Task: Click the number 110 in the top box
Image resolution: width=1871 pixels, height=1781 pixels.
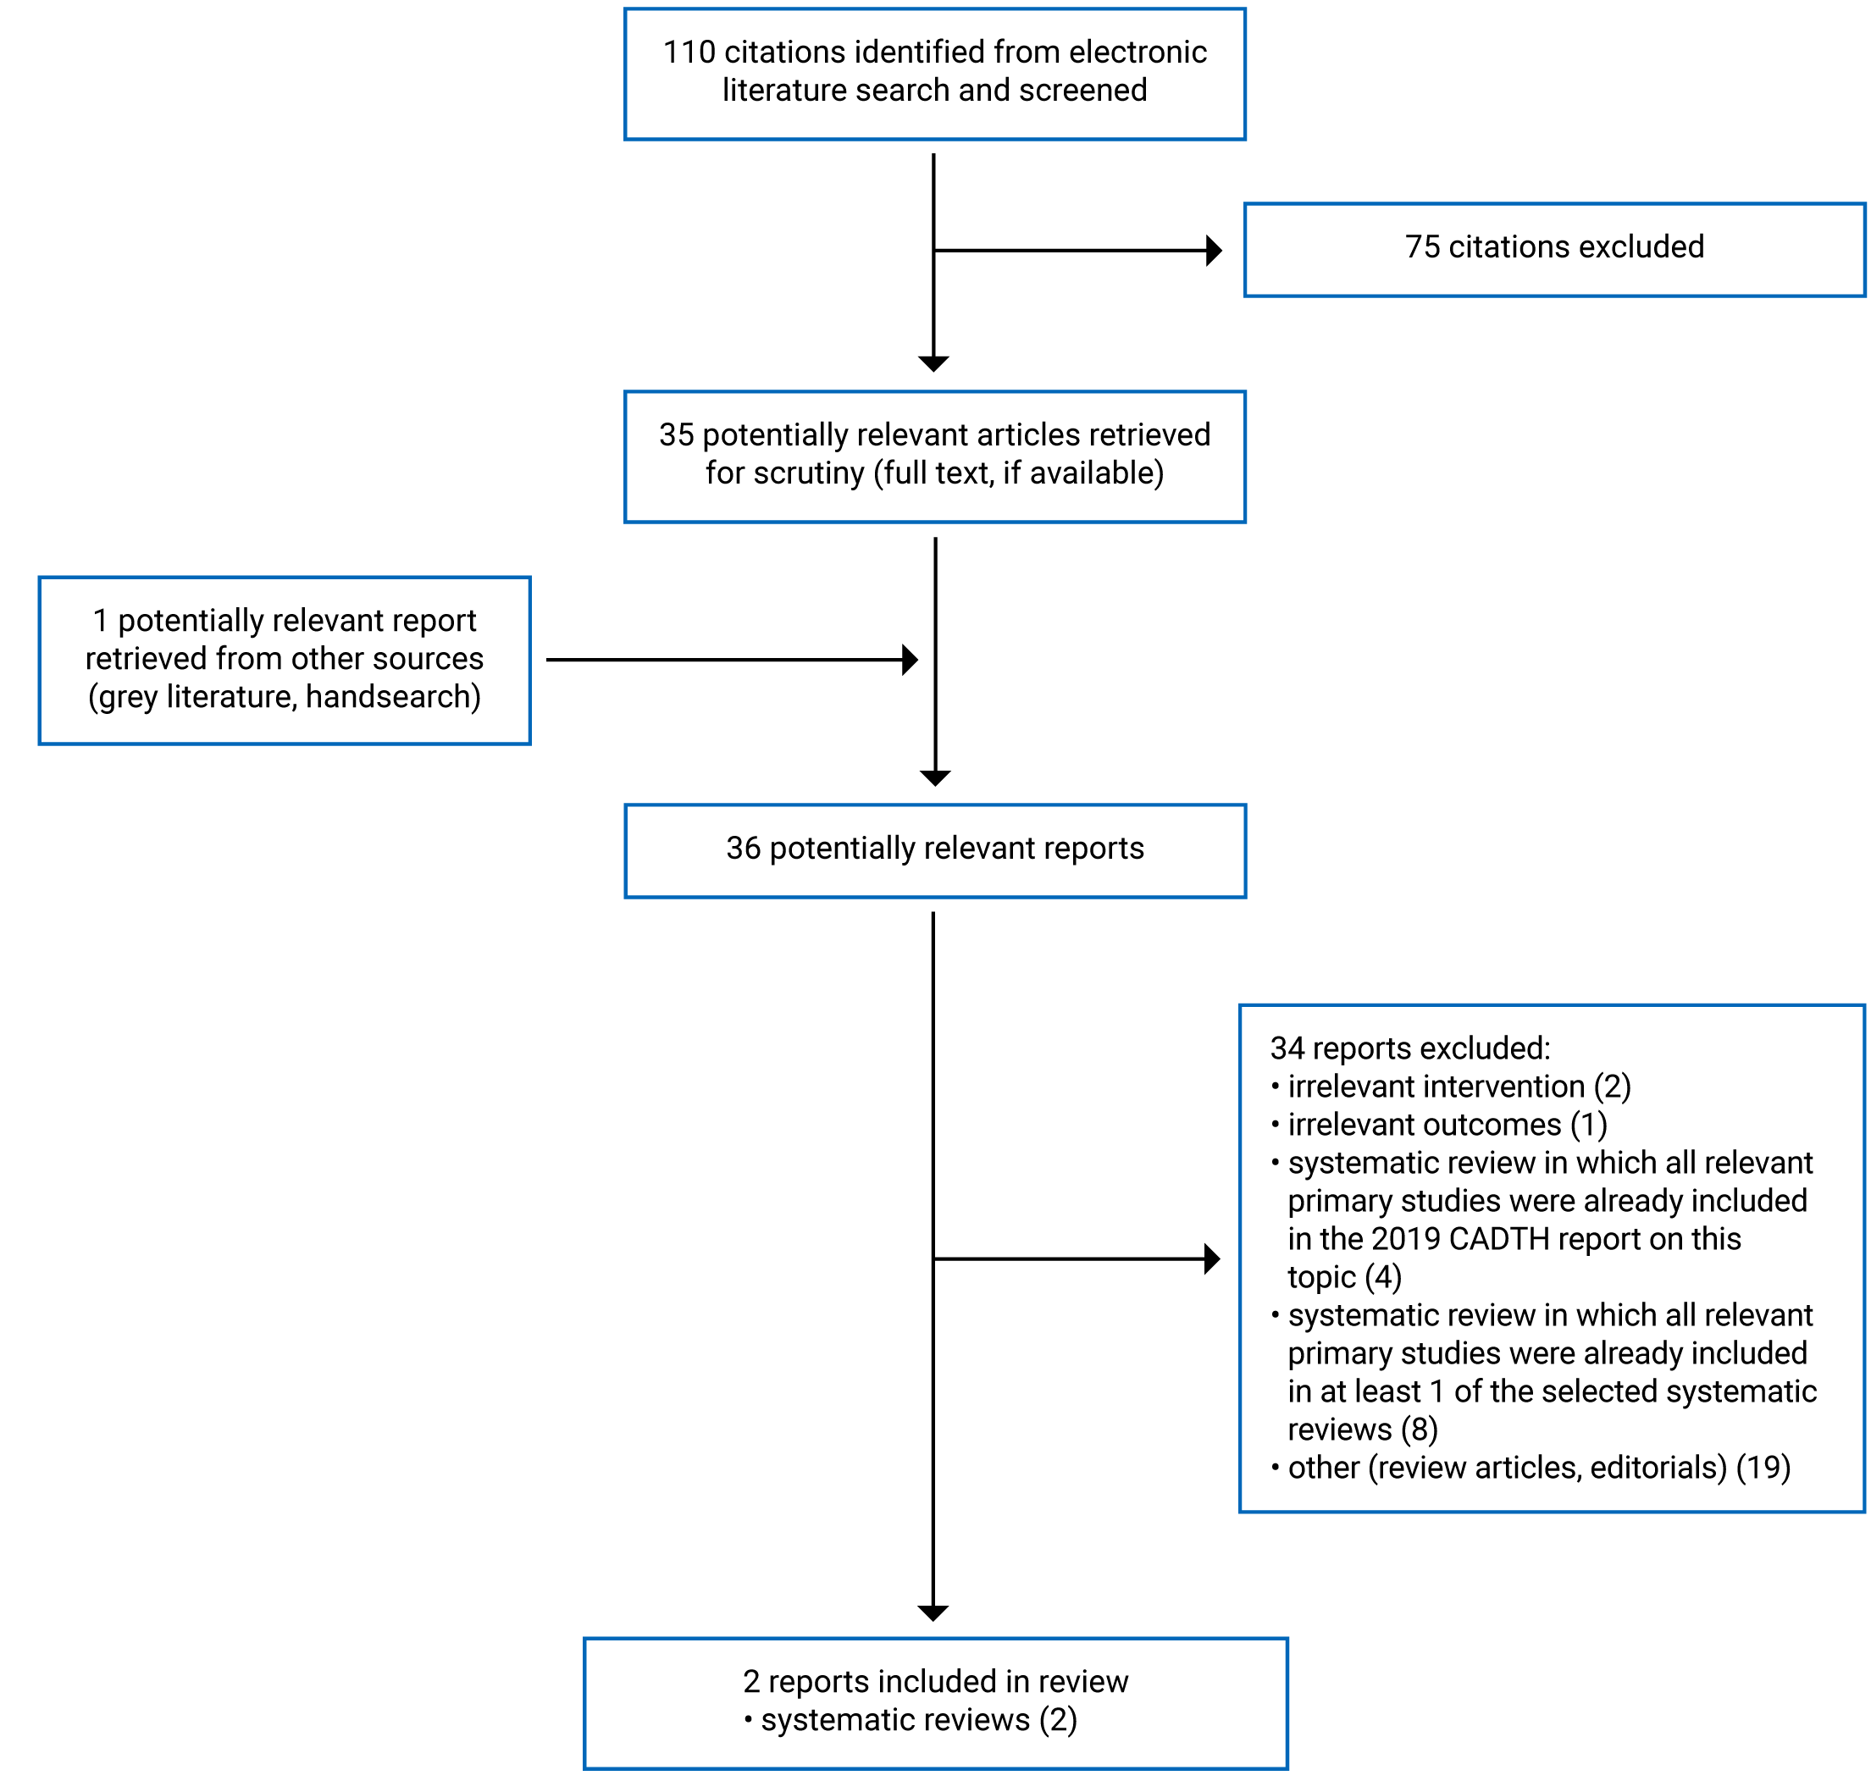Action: click(x=689, y=53)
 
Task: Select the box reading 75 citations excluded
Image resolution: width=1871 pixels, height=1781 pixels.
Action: click(x=1553, y=249)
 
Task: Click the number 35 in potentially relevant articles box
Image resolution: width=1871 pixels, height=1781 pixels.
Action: click(x=676, y=434)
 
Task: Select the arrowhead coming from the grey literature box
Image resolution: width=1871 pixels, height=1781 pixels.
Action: click(x=909, y=659)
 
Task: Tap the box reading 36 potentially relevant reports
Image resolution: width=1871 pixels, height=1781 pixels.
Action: click(x=934, y=849)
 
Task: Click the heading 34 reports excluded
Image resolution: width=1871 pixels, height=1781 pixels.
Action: click(x=1409, y=1048)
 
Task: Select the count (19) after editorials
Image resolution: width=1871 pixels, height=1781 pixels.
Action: click(x=1762, y=1468)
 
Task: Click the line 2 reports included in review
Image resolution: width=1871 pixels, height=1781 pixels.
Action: click(x=934, y=1681)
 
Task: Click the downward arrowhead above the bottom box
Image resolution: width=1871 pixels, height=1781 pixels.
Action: click(x=933, y=1613)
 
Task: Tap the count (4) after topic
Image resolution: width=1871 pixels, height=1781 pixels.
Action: click(x=1382, y=1277)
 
